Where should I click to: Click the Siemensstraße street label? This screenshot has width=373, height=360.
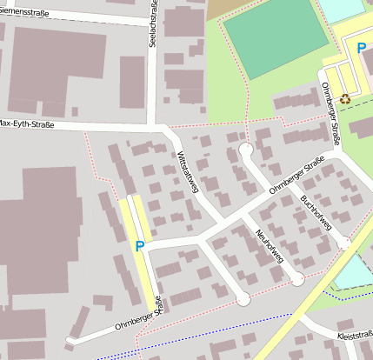23,12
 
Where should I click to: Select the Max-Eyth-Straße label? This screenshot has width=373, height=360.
27,124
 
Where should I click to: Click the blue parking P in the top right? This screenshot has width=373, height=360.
362,49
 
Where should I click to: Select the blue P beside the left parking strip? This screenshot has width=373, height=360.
139,246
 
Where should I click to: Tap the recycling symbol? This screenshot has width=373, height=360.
344,98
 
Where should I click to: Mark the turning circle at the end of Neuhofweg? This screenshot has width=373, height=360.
297,279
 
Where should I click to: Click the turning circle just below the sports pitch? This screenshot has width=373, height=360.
246,150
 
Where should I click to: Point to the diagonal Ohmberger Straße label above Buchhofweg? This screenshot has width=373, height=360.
296,177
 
